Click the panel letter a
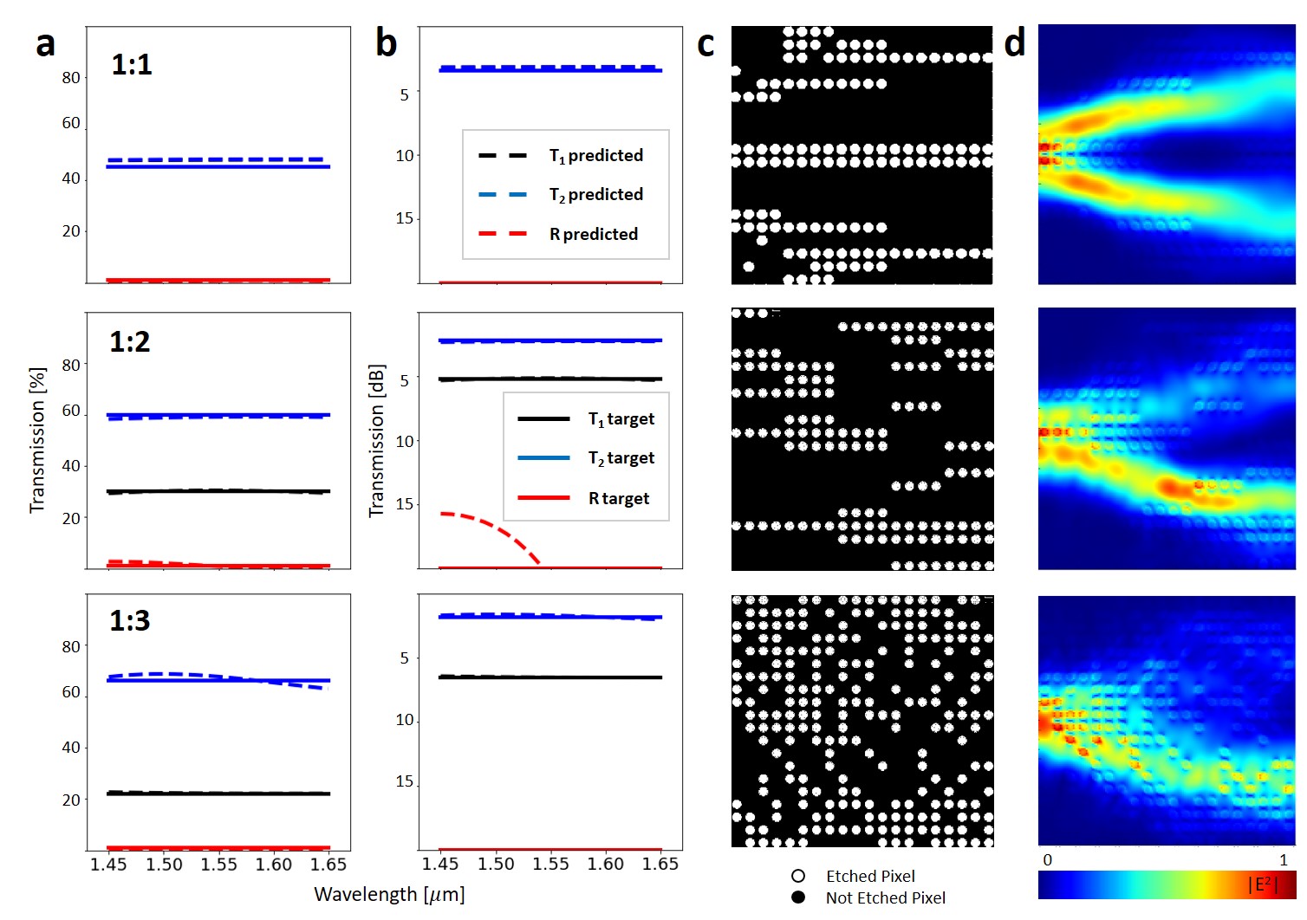45,44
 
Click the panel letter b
386,42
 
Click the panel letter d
1014,42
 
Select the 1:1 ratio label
132,65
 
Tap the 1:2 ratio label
130,342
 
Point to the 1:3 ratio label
130,620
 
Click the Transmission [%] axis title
36,440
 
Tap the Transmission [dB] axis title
376,440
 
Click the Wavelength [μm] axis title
389,894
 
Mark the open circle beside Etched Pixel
798,876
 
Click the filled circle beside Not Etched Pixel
798,897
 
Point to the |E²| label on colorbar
1263,884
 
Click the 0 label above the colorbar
1047,860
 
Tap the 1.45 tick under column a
108,865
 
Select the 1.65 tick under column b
660,865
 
